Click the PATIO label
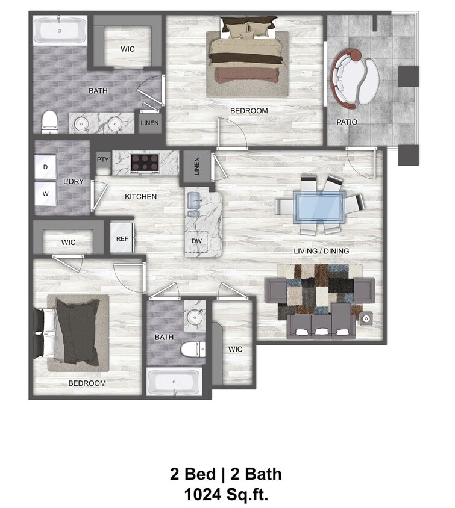pyautogui.click(x=347, y=122)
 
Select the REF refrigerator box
pyautogui.click(x=122, y=239)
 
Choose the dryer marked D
pyautogui.click(x=46, y=167)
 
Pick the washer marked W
pyautogui.click(x=46, y=194)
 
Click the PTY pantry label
pyautogui.click(x=102, y=160)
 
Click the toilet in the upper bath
pyautogui.click(x=49, y=122)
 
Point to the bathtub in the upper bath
pyautogui.click(x=60, y=29)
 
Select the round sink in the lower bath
pyautogui.click(x=194, y=317)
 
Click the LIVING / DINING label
pyautogui.click(x=321, y=251)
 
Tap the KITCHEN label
pyautogui.click(x=141, y=197)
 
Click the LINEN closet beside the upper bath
pyautogui.click(x=149, y=122)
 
